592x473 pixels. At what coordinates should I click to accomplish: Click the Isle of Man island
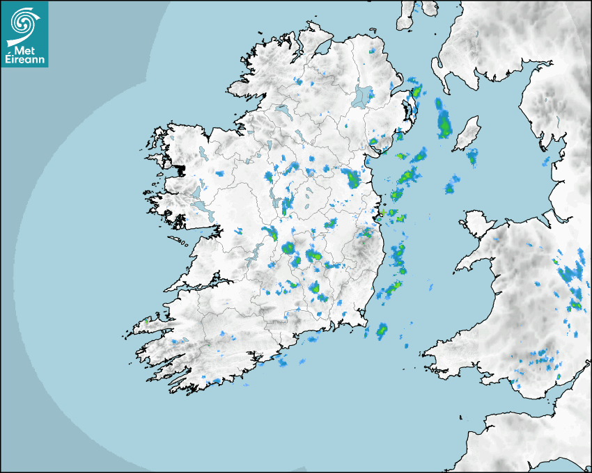pos(466,134)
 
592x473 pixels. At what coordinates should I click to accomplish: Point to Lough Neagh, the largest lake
pos(362,95)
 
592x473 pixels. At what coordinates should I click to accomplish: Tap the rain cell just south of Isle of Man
pos(472,157)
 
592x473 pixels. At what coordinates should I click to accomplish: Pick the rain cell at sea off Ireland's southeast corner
pos(382,330)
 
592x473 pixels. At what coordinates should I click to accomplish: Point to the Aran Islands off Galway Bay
pos(180,243)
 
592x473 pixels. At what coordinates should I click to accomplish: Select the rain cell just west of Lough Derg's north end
pos(269,233)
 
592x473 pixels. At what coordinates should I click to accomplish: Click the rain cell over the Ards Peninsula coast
pos(416,91)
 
